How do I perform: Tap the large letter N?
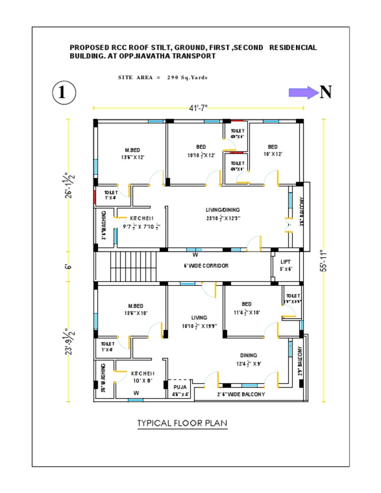[325, 92]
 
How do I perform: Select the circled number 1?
[63, 93]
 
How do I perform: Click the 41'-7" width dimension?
[198, 108]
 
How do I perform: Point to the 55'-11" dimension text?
[323, 260]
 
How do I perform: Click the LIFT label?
[285, 262]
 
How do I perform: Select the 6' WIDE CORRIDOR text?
[206, 266]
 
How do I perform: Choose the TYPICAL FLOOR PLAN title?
[182, 423]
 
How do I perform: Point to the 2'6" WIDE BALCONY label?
[241, 395]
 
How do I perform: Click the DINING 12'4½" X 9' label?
[249, 359]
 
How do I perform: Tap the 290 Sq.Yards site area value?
[187, 77]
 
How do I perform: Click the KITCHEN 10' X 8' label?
[142, 377]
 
